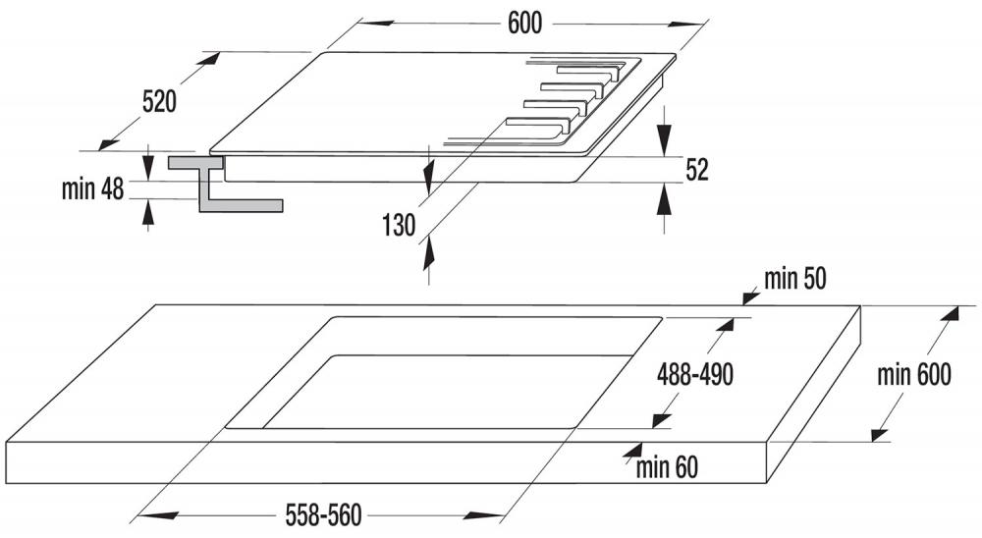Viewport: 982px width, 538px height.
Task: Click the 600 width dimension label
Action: click(524, 24)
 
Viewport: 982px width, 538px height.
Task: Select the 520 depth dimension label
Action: click(159, 101)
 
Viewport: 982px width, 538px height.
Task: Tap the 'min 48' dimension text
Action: click(92, 188)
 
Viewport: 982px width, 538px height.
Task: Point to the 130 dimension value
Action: click(399, 225)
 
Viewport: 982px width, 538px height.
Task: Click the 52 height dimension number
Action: click(696, 170)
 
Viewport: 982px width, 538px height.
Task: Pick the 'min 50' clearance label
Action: click(794, 279)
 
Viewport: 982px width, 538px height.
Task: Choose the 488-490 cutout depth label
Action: click(694, 374)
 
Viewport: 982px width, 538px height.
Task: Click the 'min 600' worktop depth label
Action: click(913, 374)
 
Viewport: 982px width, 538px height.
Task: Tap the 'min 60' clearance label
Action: click(667, 467)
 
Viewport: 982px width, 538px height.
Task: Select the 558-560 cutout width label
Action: click(323, 515)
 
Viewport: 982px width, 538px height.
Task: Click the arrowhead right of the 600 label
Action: click(684, 24)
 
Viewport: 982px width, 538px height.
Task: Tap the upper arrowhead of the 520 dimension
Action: click(208, 60)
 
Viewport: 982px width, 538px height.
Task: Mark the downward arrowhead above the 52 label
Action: click(664, 138)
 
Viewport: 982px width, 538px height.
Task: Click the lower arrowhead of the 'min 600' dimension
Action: click(880, 433)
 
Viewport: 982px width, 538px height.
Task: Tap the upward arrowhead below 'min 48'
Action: click(148, 213)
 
